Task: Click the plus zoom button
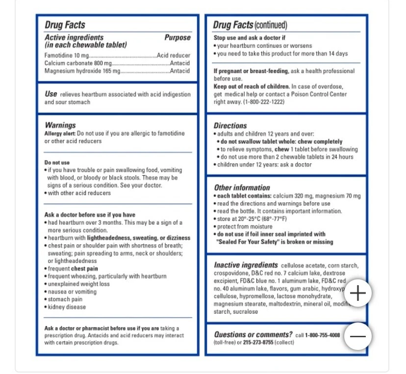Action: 358,294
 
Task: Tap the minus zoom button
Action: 358,336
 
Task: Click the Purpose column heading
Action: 177,37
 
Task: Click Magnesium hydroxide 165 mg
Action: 82,71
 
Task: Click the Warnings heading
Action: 60,125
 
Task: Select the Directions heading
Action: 230,125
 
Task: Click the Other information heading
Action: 242,187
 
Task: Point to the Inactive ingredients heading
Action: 246,265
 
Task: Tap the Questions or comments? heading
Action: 253,335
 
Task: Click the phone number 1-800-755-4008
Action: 322,335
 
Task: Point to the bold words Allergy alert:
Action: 60,134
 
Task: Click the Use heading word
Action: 51,94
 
